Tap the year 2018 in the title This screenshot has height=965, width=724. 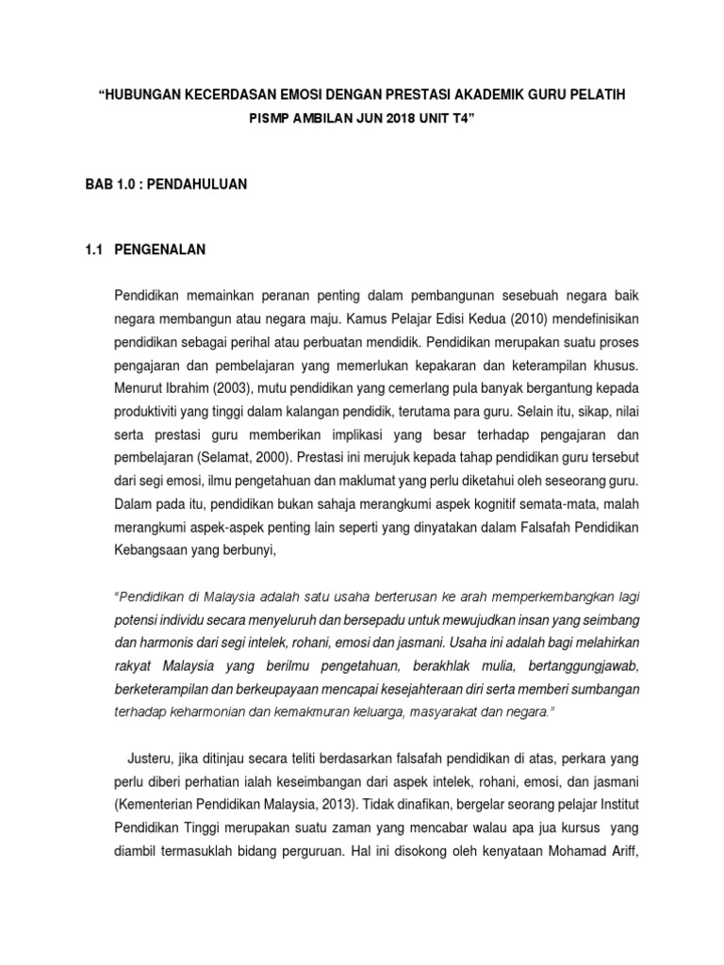point(401,121)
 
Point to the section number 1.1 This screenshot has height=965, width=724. point(93,251)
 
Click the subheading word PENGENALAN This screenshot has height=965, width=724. point(159,251)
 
